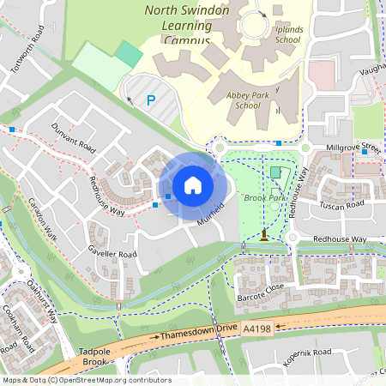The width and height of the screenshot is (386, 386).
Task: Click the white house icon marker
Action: [192, 185]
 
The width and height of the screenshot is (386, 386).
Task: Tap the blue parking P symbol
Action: [151, 101]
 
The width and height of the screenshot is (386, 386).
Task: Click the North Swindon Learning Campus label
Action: [185, 25]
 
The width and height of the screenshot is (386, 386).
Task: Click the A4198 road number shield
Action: [258, 328]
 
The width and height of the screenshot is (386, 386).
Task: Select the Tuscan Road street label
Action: [341, 205]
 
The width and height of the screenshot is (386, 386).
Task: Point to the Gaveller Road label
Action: [112, 254]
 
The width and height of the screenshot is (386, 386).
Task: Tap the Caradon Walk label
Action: [41, 220]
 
